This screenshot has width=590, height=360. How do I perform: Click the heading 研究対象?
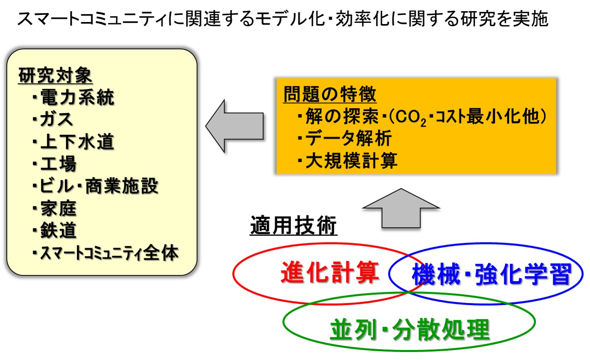pyautogui.click(x=55, y=75)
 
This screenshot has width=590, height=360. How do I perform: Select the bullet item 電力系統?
pyautogui.click(x=74, y=97)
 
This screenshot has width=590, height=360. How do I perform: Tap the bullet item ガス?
pyautogui.click(x=53, y=119)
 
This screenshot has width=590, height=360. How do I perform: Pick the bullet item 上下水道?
pyautogui.click(x=74, y=141)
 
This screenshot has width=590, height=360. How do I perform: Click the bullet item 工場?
pyautogui.click(x=54, y=164)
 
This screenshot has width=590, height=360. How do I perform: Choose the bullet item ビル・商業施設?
pyautogui.click(x=95, y=186)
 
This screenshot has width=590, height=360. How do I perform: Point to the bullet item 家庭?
pyautogui.click(x=54, y=208)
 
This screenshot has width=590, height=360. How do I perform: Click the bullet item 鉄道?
pyautogui.click(x=54, y=230)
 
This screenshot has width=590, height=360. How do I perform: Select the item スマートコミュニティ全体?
pyautogui.click(x=106, y=253)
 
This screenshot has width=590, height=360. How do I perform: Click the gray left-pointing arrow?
pyautogui.click(x=235, y=126)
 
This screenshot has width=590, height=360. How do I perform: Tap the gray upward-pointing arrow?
pyautogui.click(x=401, y=208)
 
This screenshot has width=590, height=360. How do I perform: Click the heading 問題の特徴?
pyautogui.click(x=330, y=94)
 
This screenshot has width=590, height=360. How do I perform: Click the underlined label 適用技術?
pyautogui.click(x=293, y=225)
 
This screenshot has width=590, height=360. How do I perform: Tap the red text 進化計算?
pyautogui.click(x=330, y=273)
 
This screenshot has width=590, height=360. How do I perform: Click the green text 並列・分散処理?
pyautogui.click(x=410, y=330)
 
